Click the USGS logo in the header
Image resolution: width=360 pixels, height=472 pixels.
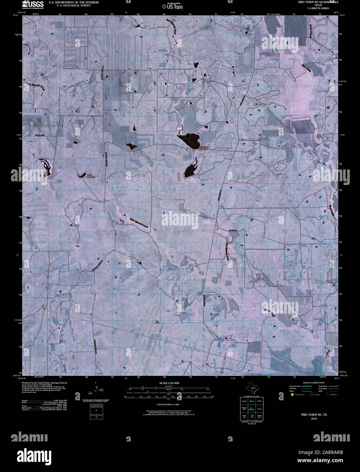click(33, 4)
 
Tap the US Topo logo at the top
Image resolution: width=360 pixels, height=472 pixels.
click(172, 6)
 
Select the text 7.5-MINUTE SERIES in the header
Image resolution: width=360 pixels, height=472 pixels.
click(316, 8)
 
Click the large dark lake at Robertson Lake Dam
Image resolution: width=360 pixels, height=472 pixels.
click(189, 139)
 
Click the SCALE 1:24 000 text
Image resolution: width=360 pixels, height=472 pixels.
click(169, 383)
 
